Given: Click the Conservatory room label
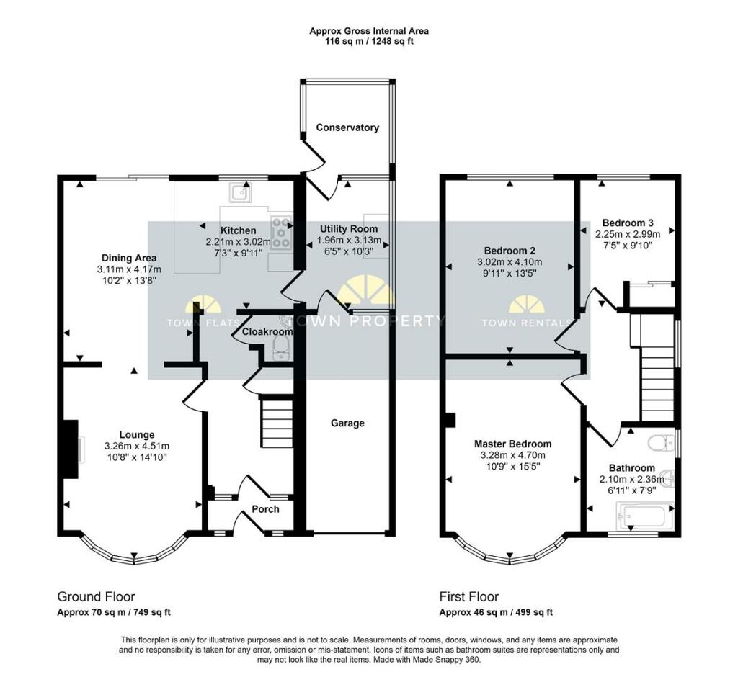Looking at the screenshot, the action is (347, 127).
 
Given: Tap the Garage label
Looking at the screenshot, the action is (347, 423).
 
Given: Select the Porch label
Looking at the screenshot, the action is (265, 509).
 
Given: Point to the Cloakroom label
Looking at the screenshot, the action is (267, 332).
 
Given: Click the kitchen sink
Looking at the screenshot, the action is (241, 192).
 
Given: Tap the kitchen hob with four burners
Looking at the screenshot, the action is (281, 231).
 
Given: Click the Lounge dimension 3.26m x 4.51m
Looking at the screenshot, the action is (136, 446).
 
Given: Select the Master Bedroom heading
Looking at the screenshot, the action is (512, 444).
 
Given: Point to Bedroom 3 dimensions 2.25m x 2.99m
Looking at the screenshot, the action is (628, 234).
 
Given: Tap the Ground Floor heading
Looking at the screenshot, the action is (96, 596).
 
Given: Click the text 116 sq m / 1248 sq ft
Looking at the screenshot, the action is (369, 41).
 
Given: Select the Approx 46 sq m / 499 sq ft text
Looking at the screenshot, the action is (496, 612).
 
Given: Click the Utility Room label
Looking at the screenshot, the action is (349, 229).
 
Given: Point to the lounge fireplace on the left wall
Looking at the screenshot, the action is (72, 449).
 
